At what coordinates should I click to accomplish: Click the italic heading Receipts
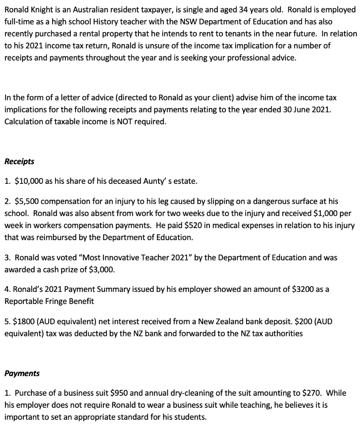click(19, 161)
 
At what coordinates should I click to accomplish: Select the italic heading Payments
click(22, 373)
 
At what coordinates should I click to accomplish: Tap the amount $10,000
click(28, 181)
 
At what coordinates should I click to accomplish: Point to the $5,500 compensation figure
click(26, 201)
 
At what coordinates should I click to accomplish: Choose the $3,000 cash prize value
click(101, 269)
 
